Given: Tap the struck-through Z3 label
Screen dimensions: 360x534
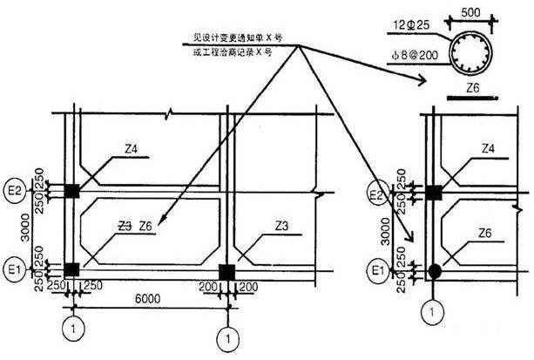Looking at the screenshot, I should click(124, 226).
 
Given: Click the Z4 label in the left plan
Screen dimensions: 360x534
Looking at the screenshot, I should click(132, 149).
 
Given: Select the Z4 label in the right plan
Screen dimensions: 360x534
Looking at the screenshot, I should click(488, 149).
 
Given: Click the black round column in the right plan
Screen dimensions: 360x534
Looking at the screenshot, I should click(435, 270).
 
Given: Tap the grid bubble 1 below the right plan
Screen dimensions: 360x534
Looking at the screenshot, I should click(429, 308).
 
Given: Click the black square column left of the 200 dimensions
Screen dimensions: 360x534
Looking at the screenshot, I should click(226, 269).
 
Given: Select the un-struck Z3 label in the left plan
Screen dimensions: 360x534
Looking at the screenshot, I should click(281, 226).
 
